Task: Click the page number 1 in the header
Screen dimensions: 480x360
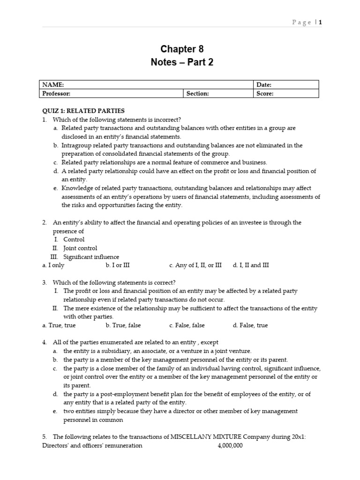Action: tap(321, 22)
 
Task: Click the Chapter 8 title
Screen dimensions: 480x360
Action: tap(182, 49)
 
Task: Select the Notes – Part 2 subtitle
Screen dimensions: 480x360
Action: tap(182, 62)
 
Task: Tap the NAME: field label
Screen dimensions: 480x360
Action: tap(53, 85)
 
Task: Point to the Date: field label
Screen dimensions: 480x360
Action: tap(264, 85)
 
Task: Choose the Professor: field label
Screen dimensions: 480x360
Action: tap(56, 93)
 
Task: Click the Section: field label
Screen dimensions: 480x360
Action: tap(197, 93)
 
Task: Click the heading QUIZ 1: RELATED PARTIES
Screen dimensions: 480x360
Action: tap(83, 111)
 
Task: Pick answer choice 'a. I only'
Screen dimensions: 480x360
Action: tap(53, 265)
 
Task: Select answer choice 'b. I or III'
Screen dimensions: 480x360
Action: tap(118, 265)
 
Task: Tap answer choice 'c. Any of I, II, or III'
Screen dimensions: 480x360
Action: tap(195, 265)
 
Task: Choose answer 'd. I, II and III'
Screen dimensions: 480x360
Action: tap(251, 265)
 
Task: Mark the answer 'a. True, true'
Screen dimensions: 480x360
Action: tap(59, 325)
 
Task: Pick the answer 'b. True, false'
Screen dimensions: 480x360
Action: tap(123, 325)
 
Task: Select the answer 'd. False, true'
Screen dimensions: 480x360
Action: tap(250, 325)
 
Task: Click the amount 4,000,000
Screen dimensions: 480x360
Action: tap(230, 446)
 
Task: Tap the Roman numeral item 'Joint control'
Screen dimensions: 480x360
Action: tap(80, 248)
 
